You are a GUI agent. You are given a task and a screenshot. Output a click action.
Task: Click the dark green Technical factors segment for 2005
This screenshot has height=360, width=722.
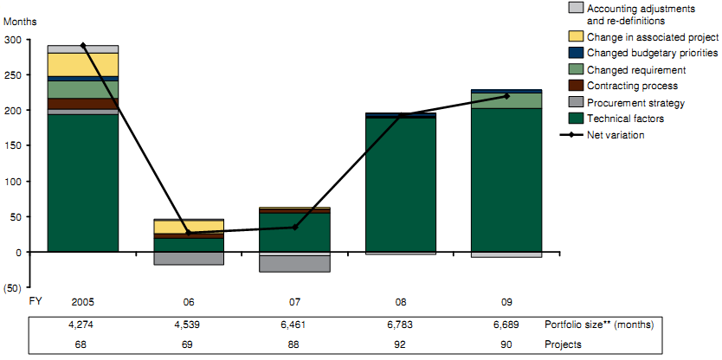coord(83,183)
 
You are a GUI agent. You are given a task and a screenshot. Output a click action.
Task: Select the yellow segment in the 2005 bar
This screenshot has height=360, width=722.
coord(83,64)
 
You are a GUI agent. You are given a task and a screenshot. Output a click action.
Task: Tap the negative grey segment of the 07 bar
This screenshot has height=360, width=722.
coord(294,263)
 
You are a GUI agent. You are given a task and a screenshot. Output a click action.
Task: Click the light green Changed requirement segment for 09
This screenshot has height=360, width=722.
coord(506,100)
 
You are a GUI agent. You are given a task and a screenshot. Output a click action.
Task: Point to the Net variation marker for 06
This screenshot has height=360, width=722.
coord(189,233)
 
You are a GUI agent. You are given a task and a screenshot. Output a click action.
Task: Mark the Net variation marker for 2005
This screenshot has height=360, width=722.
coord(83,45)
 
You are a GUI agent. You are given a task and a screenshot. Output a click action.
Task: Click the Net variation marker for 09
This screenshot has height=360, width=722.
coord(506,96)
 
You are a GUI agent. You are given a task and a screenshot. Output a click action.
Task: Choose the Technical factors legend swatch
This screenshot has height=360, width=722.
coord(574,119)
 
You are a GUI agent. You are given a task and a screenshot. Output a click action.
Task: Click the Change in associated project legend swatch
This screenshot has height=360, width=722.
coord(574,37)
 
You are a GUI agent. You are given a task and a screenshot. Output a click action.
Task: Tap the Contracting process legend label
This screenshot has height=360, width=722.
coord(633,87)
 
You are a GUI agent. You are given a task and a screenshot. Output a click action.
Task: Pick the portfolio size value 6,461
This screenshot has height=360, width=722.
coord(294,325)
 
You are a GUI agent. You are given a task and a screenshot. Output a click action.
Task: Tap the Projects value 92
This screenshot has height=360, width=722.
coord(400,344)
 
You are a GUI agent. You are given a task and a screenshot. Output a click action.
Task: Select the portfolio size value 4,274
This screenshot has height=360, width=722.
coord(83,325)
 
